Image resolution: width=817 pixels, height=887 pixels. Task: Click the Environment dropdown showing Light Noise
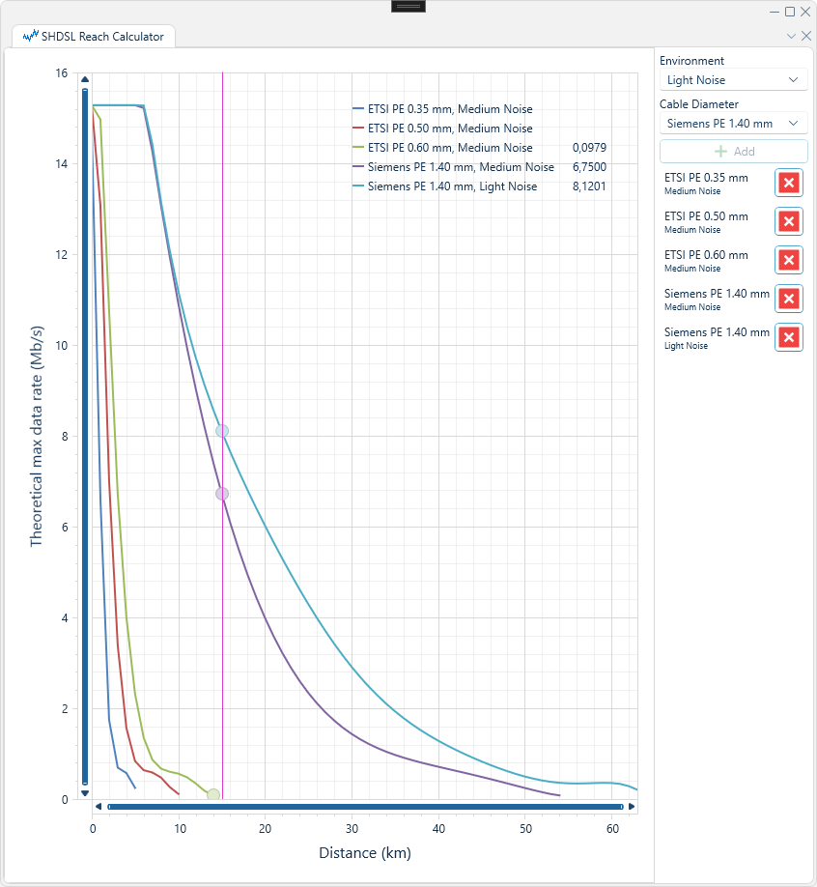[733, 80]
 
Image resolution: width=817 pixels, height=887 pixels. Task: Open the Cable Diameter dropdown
[733, 124]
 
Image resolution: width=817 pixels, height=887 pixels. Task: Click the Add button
[733, 151]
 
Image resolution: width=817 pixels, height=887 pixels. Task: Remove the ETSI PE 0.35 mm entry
[789, 183]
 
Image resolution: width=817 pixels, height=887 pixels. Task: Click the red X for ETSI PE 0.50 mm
[789, 221]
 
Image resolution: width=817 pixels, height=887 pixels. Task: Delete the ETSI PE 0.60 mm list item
[789, 260]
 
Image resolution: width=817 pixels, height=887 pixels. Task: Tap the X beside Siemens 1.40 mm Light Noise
[789, 338]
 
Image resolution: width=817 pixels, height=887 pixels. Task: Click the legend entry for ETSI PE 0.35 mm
[442, 108]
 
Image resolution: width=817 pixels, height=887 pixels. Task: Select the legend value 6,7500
[589, 167]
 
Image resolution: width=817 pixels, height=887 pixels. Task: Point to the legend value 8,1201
[589, 186]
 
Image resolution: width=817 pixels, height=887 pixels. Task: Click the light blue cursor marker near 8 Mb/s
[222, 431]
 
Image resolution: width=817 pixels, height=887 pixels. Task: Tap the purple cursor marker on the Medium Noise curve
[222, 494]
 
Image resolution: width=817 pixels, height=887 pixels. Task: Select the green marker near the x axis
[213, 795]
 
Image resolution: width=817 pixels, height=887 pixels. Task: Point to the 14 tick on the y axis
[61, 164]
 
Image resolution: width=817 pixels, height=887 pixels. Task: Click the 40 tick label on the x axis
[438, 829]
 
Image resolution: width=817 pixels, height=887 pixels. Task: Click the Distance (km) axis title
[365, 853]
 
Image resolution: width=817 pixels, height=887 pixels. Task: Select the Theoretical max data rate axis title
[36, 436]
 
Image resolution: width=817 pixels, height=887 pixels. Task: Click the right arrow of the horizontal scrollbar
[632, 807]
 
